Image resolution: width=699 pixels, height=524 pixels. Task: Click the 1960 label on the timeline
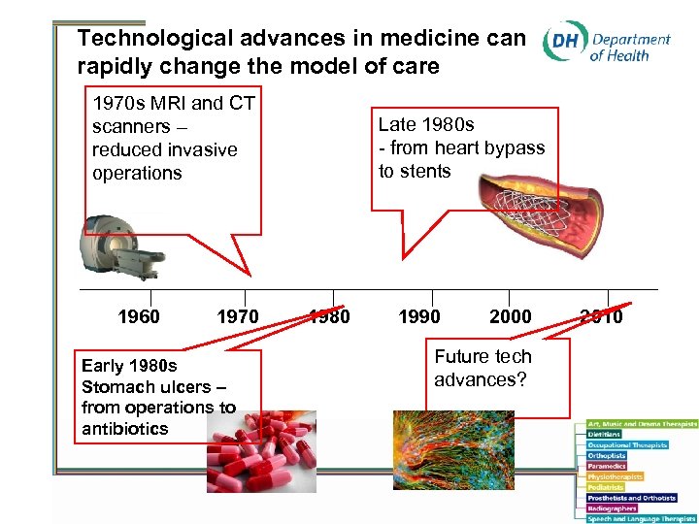pos(138,316)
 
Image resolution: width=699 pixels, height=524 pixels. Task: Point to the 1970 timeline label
pos(237,316)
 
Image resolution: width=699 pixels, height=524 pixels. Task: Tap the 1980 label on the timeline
pos(329,316)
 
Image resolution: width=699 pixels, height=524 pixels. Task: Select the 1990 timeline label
pos(418,316)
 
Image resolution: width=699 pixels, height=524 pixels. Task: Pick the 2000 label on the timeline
pos(510,316)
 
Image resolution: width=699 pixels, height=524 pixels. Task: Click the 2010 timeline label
pos(601,316)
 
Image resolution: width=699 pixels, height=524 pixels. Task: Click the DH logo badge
pos(563,45)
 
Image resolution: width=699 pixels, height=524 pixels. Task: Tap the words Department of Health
pos(630,47)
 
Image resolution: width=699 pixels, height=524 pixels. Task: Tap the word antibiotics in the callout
pos(124,429)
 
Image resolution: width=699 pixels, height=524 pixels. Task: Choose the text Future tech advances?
pos(483,368)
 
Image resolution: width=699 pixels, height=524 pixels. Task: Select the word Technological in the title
pos(142,39)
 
